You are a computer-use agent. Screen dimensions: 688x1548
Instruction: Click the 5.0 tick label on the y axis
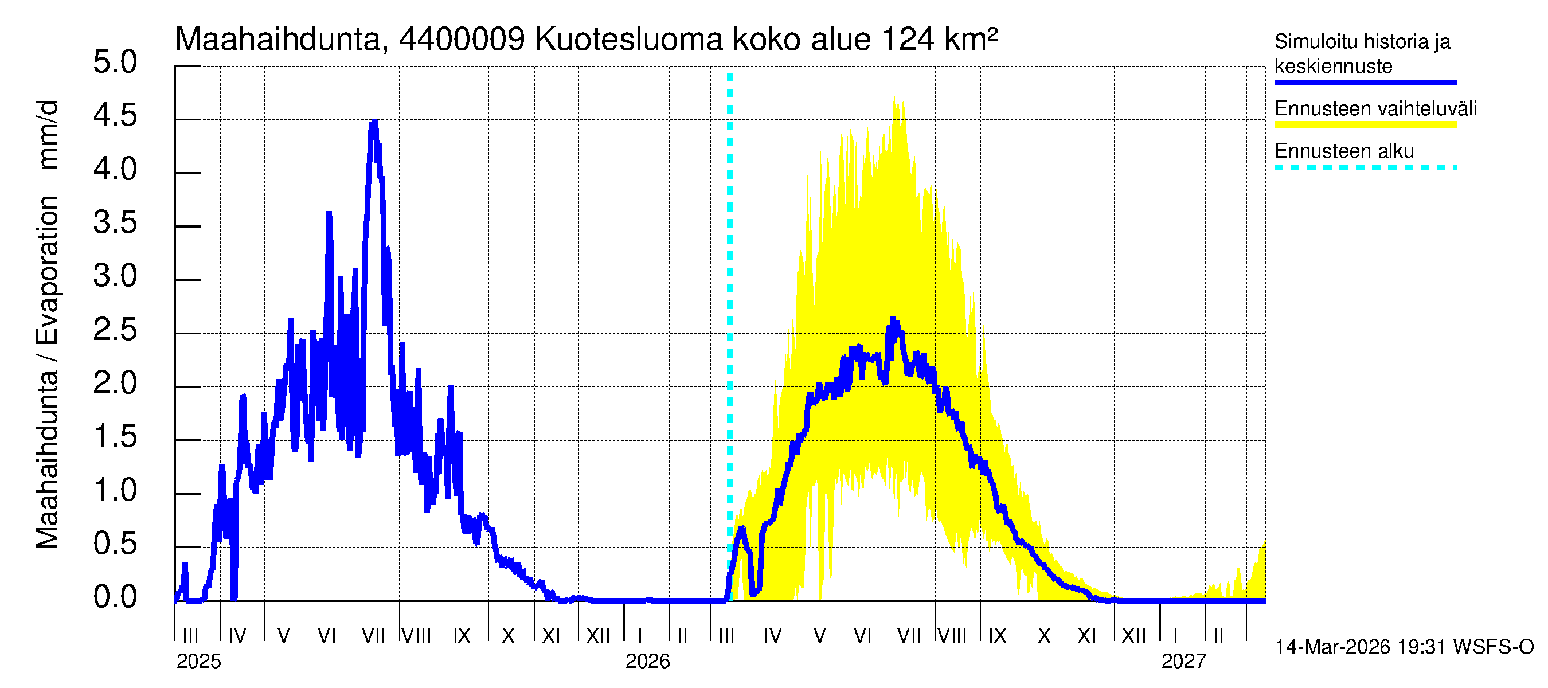pos(115,62)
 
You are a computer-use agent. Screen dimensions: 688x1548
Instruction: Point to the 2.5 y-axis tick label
pos(115,330)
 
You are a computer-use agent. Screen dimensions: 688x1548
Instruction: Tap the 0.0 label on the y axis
pos(115,597)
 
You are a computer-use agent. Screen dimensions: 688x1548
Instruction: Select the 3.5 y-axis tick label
pos(115,224)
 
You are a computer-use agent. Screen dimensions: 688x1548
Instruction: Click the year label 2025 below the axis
pos(198,662)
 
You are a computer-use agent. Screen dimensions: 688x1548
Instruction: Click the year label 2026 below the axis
pos(647,662)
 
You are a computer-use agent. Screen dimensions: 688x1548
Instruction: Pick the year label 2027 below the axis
pos(1183,662)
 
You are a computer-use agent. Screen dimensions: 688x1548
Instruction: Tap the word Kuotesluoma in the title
pos(628,40)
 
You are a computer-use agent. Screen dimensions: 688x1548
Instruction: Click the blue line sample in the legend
pos(1365,83)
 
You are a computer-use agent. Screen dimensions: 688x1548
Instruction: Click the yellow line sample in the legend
pos(1365,125)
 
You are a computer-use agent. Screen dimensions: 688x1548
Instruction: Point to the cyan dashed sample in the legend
pos(1365,167)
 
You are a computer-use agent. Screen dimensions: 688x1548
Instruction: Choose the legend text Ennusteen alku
pos(1344,151)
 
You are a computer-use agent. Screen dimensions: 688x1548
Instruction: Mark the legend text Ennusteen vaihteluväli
pos(1375,109)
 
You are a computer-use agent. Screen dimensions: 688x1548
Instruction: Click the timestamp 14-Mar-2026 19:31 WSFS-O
pos(1404,647)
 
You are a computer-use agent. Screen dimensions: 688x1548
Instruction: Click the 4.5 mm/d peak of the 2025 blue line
pos(374,122)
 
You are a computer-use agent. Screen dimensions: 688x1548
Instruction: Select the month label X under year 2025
pos(509,636)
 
